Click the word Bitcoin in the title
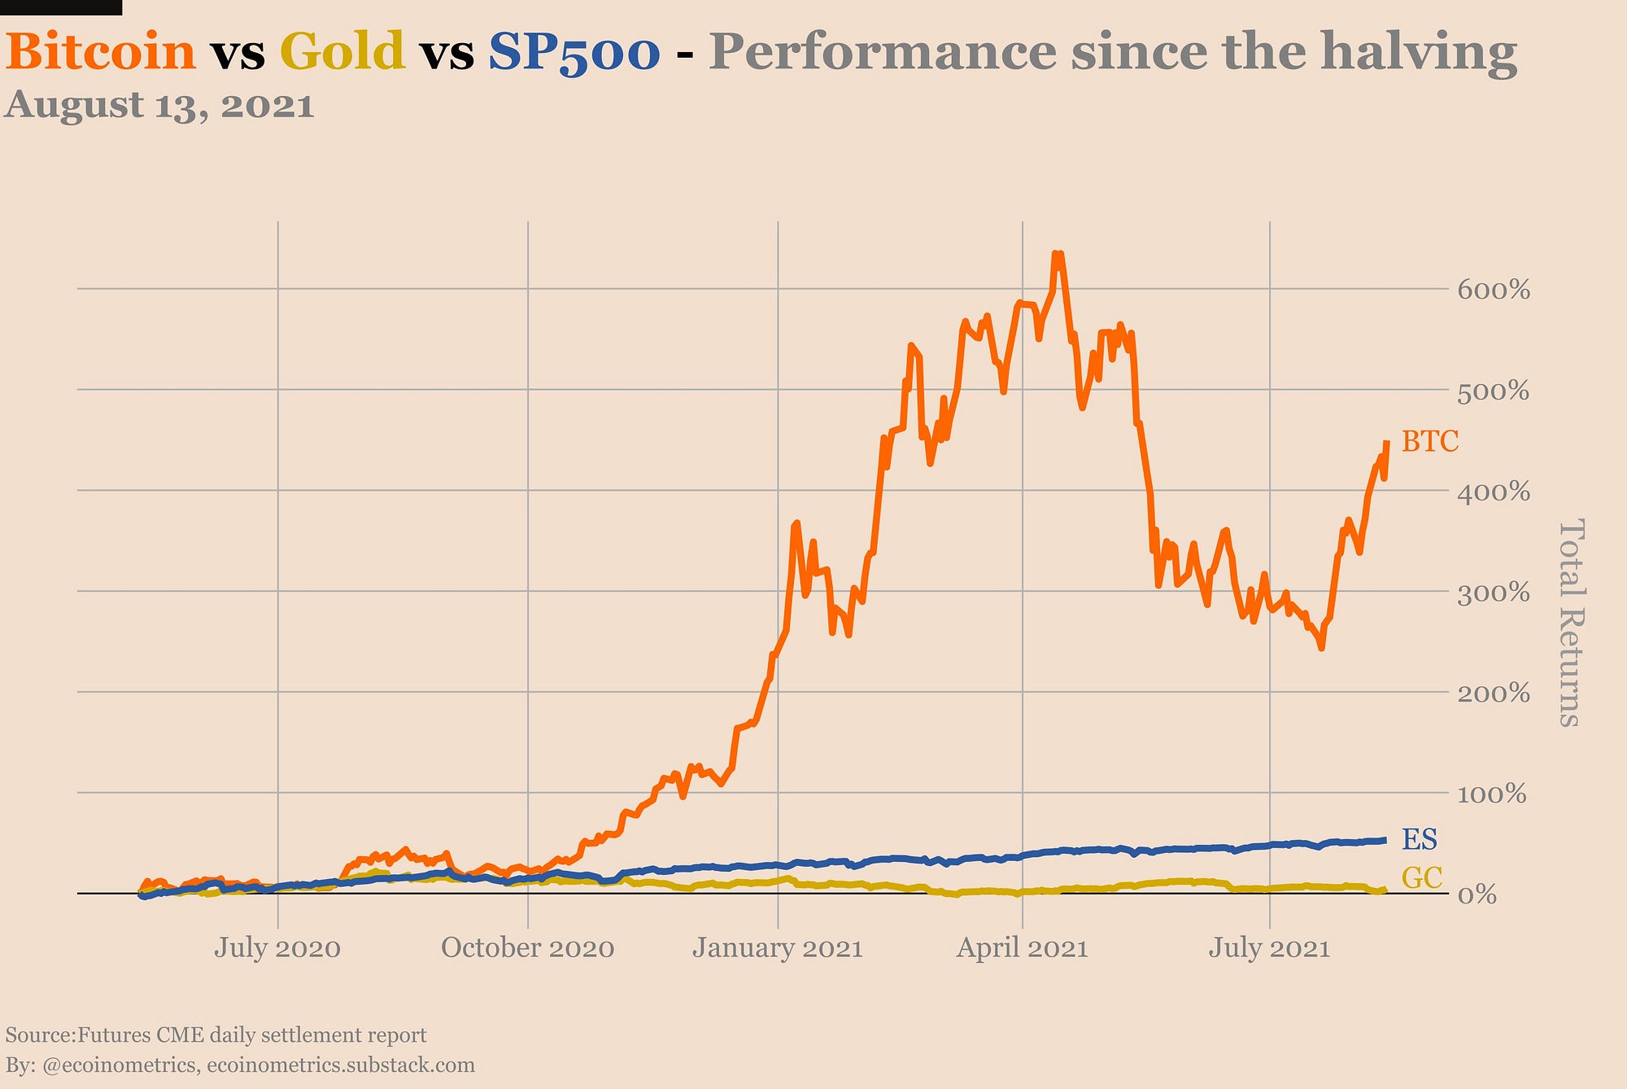(101, 51)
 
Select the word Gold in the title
(342, 51)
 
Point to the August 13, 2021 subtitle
(159, 106)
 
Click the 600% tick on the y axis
(1494, 290)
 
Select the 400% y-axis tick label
(1494, 492)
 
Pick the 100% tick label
(1492, 794)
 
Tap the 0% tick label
(1477, 895)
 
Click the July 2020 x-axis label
(277, 948)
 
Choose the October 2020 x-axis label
(528, 948)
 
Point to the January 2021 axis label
(778, 948)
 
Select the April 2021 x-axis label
(1022, 948)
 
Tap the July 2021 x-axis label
(1269, 948)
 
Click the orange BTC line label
(1430, 442)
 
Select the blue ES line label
(1420, 839)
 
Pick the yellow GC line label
(1422, 877)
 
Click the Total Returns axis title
(1569, 623)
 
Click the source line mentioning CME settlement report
(216, 1035)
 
